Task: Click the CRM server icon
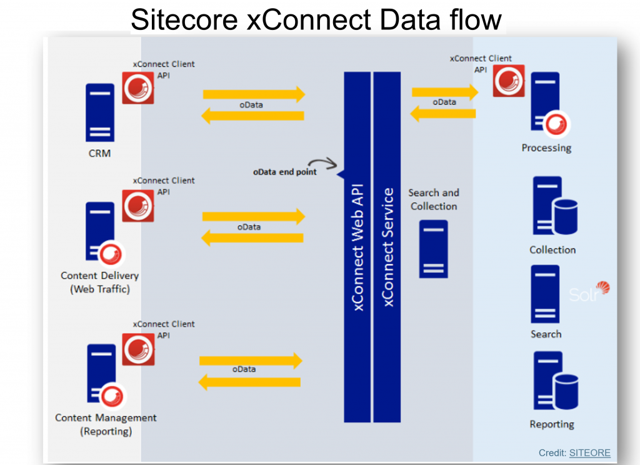coord(100,112)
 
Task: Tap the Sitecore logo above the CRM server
coord(138,87)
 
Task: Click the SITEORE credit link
coord(590,453)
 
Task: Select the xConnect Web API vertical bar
coord(357,247)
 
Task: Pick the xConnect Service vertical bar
coord(387,247)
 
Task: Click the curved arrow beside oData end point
coord(323,163)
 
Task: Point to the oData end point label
coord(284,172)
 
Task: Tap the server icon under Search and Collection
coord(434,249)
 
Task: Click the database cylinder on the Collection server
coord(566,217)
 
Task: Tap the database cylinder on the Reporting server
coord(566,391)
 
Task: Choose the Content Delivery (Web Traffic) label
coord(100,282)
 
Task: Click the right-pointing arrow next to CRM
coord(254,94)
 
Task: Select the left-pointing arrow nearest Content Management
coord(249,382)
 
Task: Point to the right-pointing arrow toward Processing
coord(445,92)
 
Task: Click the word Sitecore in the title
coord(184,19)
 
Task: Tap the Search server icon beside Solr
coord(545,294)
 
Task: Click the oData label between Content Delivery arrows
coord(249,227)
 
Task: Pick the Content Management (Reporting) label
coord(106,424)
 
